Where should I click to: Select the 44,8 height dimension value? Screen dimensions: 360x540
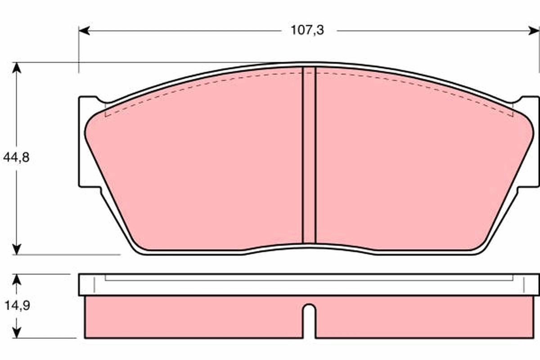click(16, 158)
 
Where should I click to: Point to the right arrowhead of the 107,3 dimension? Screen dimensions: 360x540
click(533, 30)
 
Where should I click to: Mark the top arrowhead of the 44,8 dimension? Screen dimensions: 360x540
click(17, 67)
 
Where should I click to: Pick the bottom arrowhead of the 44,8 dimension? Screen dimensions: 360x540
click(17, 249)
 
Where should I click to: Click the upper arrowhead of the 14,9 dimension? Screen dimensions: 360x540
click(17, 279)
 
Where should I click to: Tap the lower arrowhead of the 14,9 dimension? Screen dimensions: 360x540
click(17, 333)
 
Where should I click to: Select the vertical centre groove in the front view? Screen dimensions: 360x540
click(309, 155)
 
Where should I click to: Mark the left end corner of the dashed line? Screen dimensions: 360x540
click(105, 115)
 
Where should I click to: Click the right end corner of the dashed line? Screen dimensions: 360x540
click(513, 115)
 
